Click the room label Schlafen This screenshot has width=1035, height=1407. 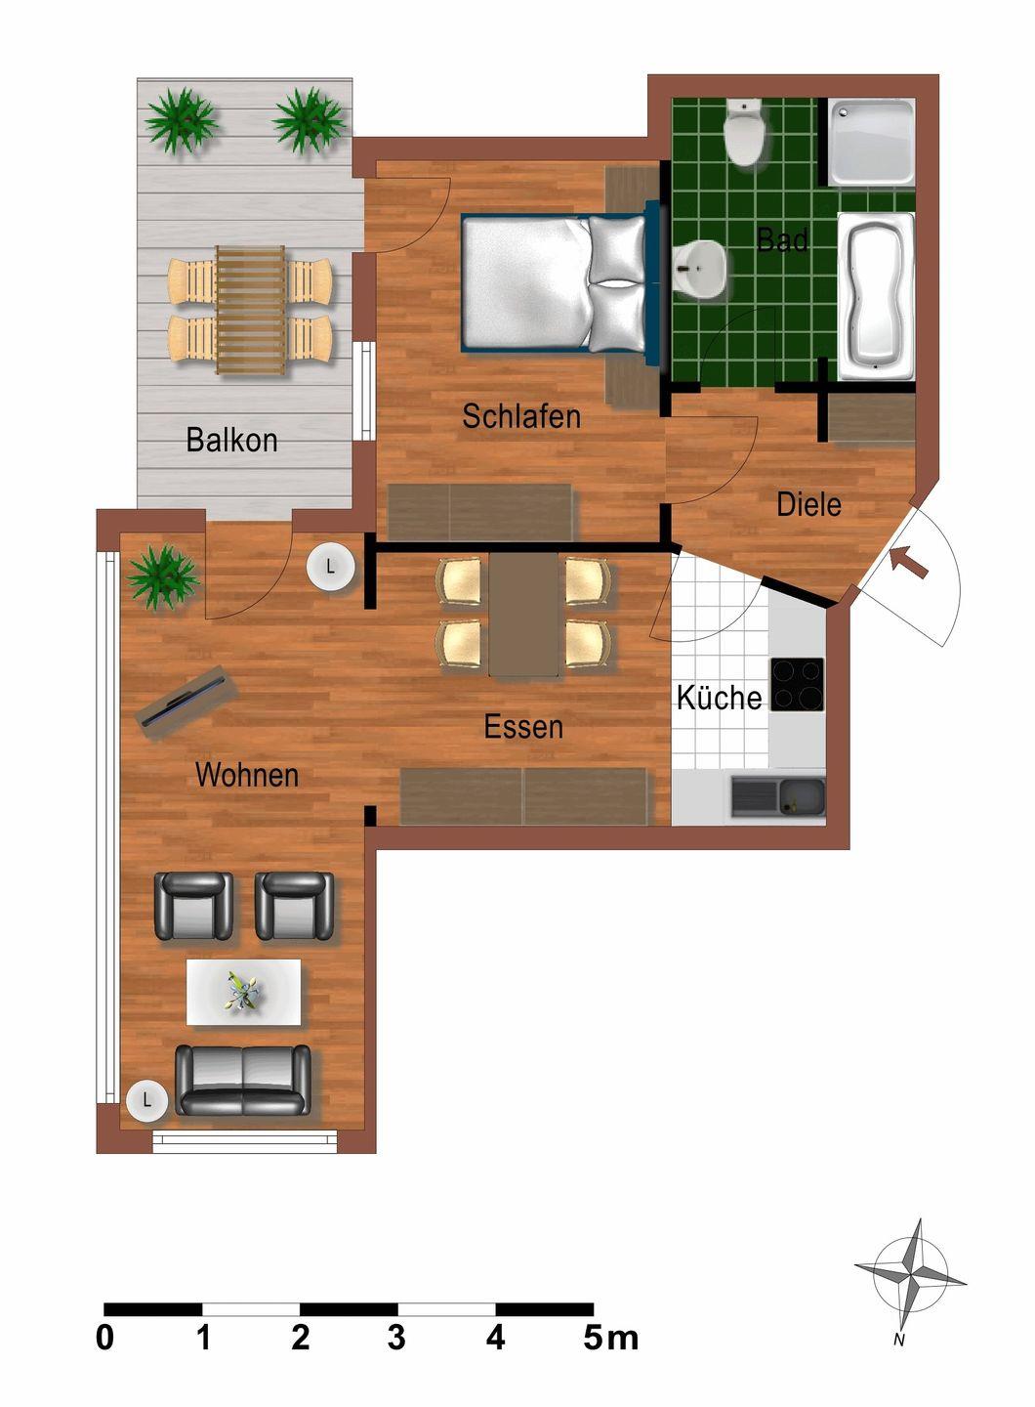(521, 416)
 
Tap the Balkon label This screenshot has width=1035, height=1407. (231, 440)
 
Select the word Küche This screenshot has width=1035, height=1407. (720, 697)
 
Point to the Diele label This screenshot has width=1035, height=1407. (808, 504)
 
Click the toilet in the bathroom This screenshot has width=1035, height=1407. (744, 133)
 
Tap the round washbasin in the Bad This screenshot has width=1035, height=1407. (699, 271)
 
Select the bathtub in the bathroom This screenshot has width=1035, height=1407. (876, 297)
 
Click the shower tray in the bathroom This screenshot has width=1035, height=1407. (871, 142)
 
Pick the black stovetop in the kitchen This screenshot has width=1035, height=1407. (797, 684)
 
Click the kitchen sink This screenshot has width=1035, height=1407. (778, 797)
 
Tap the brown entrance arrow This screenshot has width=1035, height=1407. (909, 562)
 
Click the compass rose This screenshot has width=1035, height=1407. (909, 1263)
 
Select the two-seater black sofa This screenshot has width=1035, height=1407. (243, 1080)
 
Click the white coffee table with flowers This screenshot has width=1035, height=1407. (244, 992)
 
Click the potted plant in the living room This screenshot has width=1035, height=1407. (163, 576)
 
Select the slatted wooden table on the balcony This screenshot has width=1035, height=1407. (251, 310)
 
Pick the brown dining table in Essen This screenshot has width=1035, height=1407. (523, 614)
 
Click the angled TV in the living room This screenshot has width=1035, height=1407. (187, 696)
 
